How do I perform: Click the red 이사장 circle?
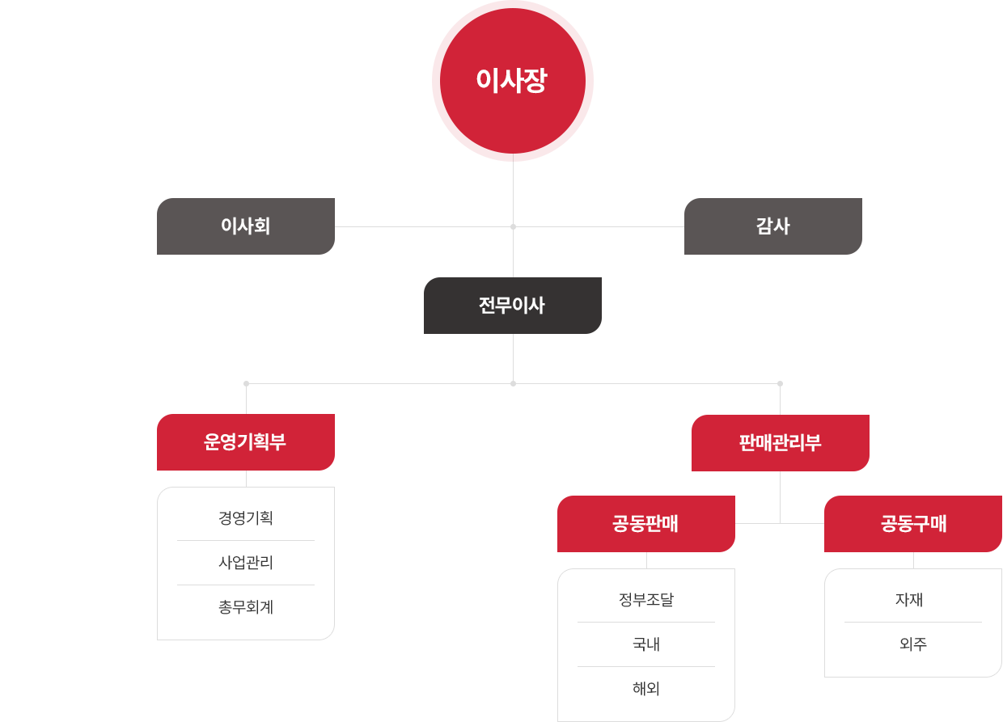(513, 81)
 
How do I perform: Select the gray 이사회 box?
(246, 226)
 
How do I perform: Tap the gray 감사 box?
(772, 226)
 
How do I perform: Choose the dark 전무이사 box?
(513, 306)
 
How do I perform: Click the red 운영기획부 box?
(246, 441)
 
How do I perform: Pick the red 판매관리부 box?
(781, 443)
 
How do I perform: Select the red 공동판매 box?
(646, 524)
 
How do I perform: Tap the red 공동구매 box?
(913, 524)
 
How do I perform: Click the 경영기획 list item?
(246, 518)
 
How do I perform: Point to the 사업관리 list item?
(246, 562)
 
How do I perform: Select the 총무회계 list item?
(246, 607)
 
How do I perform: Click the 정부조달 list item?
(646, 599)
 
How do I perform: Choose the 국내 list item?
(646, 644)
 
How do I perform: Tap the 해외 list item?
(646, 688)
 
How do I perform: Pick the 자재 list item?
(909, 599)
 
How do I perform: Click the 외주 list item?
(913, 644)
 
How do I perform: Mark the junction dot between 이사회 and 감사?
(513, 227)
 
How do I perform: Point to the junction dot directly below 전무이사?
(513, 383)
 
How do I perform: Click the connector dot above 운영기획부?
(246, 383)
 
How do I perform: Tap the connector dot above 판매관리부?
(780, 383)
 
